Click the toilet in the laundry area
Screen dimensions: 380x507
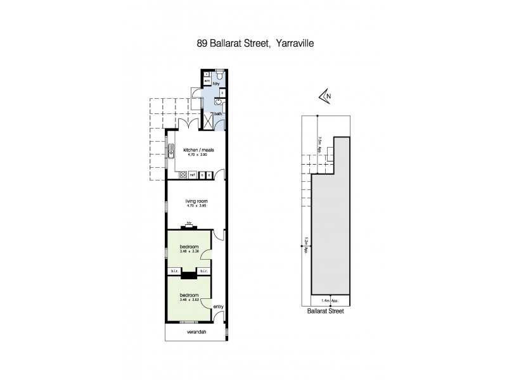(219, 75)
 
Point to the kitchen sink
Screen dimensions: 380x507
(171, 152)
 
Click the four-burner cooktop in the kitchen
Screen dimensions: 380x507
(183, 175)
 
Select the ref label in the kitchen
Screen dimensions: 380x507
(191, 175)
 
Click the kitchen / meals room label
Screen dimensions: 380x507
(195, 150)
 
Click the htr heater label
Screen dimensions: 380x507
(189, 223)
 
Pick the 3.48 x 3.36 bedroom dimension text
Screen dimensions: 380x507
(189, 251)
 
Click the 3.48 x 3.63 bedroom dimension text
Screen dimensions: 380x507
(189, 300)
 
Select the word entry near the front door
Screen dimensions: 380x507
(219, 307)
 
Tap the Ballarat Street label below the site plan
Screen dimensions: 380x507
(324, 312)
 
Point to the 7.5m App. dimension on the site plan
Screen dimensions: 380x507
(321, 145)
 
